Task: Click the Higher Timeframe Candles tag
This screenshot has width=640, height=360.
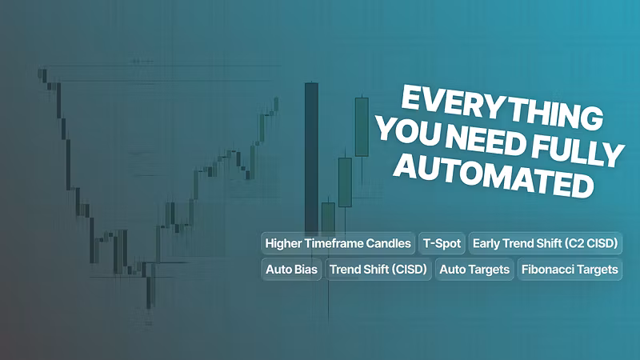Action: coord(338,243)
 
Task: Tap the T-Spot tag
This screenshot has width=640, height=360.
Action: coord(442,243)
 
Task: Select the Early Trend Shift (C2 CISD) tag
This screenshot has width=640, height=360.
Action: coord(546,243)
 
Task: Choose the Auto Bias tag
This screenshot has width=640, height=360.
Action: coord(291,270)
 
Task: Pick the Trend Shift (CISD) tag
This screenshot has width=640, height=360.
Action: coord(378,270)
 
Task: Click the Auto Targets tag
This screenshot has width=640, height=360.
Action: coord(474,270)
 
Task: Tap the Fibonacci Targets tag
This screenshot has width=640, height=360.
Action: coord(570,270)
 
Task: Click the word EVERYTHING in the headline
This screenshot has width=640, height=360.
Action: coord(502,107)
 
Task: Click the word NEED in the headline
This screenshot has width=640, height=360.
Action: coord(485,142)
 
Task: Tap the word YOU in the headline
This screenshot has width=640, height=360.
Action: coord(408,130)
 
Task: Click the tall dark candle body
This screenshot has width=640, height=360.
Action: coord(311,159)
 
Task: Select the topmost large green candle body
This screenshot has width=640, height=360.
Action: coord(362,127)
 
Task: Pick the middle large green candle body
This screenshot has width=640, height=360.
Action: coord(345,182)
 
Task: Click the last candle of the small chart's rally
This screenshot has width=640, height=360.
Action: coord(276,104)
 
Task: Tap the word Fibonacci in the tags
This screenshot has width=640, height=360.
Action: coord(547,270)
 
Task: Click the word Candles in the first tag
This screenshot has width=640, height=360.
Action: coord(388,243)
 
